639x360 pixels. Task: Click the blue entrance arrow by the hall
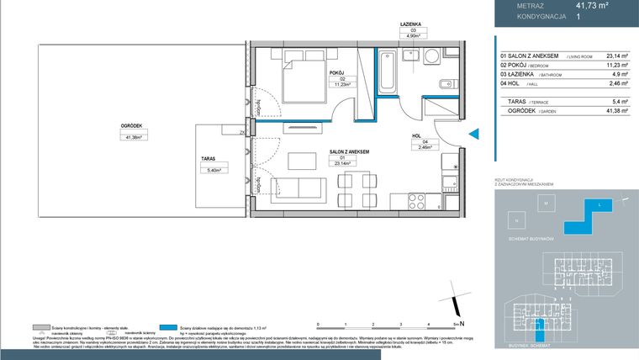click(473, 133)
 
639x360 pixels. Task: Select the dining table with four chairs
click(356, 187)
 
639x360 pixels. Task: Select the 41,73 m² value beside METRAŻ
click(592, 4)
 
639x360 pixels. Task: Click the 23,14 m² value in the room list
click(607, 56)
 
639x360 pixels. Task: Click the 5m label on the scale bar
click(456, 323)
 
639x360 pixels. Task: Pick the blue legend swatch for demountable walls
click(171, 328)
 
